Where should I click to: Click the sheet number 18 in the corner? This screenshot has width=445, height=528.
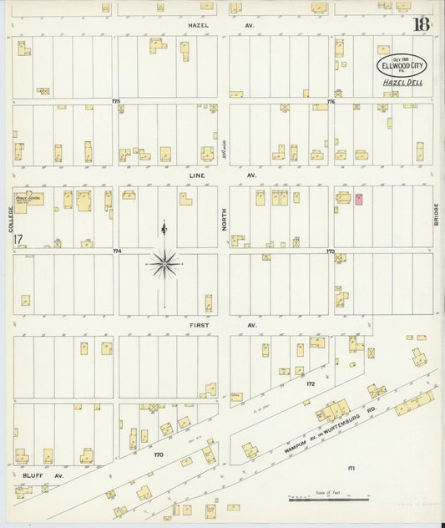tap(421, 24)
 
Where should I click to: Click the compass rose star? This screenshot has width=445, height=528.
tap(165, 265)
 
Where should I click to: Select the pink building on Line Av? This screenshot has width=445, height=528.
tap(360, 200)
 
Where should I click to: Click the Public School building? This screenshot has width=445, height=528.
tap(29, 201)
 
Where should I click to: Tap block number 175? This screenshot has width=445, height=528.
tap(116, 101)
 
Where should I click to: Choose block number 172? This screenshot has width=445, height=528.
tap(311, 383)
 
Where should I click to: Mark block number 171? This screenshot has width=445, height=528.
tap(351, 469)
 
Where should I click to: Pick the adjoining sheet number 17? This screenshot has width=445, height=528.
tap(18, 240)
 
